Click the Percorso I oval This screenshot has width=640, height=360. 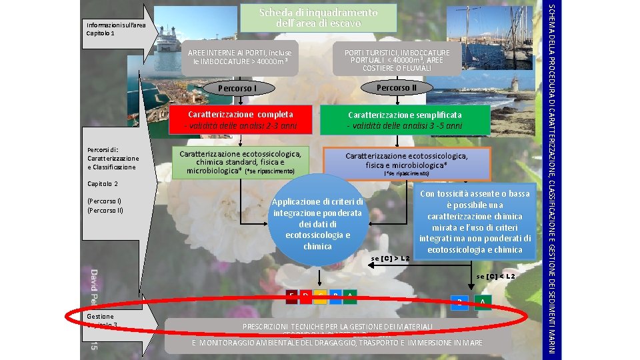point(237,89)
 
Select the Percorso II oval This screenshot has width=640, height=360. point(396,87)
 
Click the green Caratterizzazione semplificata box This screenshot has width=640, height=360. point(404,120)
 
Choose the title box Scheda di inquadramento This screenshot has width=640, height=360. point(318,18)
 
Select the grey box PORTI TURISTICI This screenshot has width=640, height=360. point(397,60)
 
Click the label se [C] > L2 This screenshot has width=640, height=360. point(391,257)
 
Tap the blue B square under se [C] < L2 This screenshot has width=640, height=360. point(458,302)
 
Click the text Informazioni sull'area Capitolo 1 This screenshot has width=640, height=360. point(105,29)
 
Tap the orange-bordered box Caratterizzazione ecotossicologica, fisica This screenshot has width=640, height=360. point(407,163)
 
